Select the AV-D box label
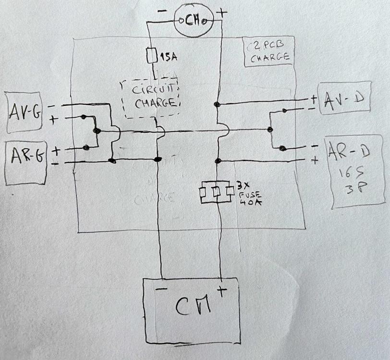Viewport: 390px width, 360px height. coord(343,99)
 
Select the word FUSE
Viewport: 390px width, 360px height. coord(248,193)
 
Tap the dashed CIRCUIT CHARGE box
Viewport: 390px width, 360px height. coord(152,98)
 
